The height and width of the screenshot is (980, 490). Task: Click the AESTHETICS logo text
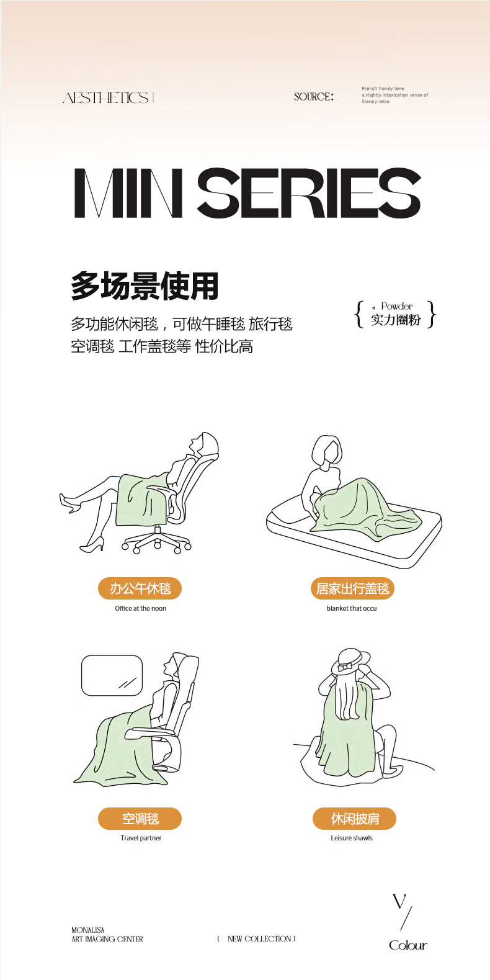click(106, 98)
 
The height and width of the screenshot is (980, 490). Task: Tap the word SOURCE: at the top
click(313, 97)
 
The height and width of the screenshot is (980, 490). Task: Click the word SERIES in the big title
click(309, 194)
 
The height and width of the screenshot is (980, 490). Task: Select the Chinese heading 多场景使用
click(145, 286)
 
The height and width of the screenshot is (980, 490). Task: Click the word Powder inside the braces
click(397, 306)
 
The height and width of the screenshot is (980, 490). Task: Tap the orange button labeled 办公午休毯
click(140, 588)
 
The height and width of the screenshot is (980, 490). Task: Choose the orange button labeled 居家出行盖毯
click(352, 588)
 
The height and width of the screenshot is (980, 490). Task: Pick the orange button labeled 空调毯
click(140, 819)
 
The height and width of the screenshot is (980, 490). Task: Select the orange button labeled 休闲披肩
click(354, 819)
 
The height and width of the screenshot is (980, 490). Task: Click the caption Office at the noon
click(141, 608)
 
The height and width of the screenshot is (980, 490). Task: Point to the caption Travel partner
click(141, 838)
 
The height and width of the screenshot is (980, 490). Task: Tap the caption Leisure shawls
click(352, 838)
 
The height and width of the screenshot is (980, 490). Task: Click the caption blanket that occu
click(352, 608)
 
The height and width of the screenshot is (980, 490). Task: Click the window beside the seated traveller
click(112, 675)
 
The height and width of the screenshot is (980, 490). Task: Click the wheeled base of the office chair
click(157, 542)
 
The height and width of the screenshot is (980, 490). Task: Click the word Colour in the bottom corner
click(408, 945)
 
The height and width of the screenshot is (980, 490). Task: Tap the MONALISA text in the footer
click(88, 930)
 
